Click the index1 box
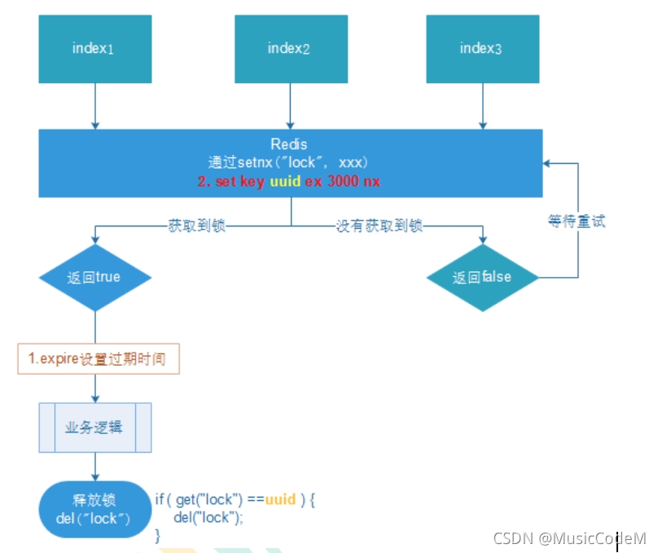click(95, 49)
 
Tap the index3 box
click(482, 49)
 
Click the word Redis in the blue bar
click(289, 143)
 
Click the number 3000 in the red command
click(343, 181)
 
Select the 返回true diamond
click(95, 277)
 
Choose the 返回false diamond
click(483, 277)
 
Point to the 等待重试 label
click(577, 222)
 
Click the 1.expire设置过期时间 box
click(99, 359)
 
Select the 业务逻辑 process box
click(95, 426)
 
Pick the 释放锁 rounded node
click(95, 509)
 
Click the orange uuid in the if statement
click(280, 498)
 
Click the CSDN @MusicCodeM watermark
click(569, 538)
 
